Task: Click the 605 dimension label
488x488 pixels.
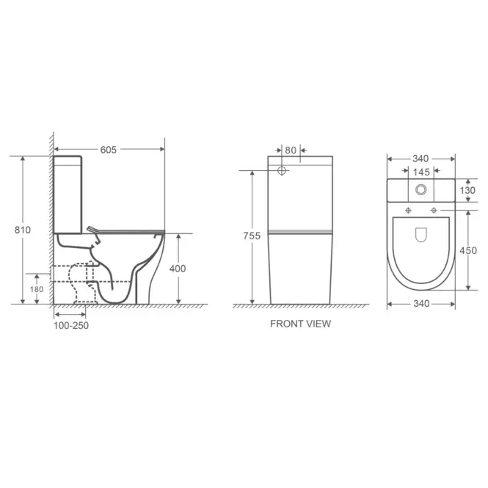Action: tap(109, 150)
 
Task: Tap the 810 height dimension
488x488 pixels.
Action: tap(23, 230)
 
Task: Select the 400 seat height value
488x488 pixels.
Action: tap(178, 269)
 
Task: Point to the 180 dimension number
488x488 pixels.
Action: tap(37, 289)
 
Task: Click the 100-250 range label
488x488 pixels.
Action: tap(71, 326)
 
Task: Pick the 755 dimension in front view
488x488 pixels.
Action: tap(252, 236)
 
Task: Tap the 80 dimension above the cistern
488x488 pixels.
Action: tap(291, 150)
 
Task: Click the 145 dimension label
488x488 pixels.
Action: tap(421, 172)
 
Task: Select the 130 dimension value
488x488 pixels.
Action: tap(467, 190)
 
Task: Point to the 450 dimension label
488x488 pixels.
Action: tap(468, 250)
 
